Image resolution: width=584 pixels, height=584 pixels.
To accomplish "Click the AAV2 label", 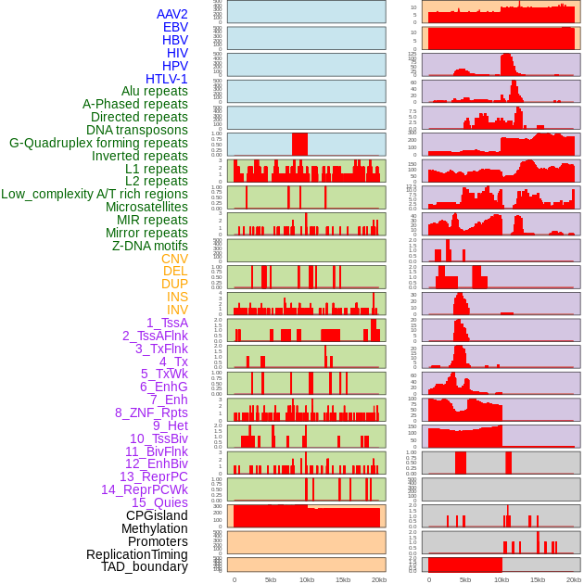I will click(171, 14).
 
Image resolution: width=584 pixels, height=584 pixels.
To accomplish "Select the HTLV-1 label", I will click(166, 79).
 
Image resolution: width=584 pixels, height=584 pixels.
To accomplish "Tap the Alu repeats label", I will click(154, 91).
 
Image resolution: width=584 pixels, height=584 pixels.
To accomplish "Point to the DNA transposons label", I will click(137, 130).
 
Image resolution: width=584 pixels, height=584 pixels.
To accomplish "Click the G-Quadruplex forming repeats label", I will click(98, 143).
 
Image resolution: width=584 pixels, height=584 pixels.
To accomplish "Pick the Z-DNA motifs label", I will click(149, 246).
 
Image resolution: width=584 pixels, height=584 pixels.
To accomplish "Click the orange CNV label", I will click(174, 259).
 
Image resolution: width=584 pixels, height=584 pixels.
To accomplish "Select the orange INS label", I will click(176, 297).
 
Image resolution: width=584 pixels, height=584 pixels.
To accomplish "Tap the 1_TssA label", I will click(167, 323).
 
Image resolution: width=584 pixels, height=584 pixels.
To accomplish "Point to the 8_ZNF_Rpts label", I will click(151, 413).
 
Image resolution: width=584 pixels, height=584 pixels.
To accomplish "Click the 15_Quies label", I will click(159, 502).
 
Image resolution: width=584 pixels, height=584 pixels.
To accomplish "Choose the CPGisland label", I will click(157, 515).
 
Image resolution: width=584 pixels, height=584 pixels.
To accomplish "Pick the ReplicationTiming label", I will click(136, 554).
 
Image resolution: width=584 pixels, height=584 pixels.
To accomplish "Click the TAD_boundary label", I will click(144, 566).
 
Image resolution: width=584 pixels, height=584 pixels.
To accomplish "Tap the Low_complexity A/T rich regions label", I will click(95, 194).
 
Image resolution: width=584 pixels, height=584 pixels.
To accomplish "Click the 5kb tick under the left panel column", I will click(271, 579).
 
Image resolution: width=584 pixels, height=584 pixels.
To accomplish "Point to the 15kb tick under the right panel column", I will click(538, 579).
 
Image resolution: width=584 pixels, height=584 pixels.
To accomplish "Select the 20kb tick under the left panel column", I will click(378, 579).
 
